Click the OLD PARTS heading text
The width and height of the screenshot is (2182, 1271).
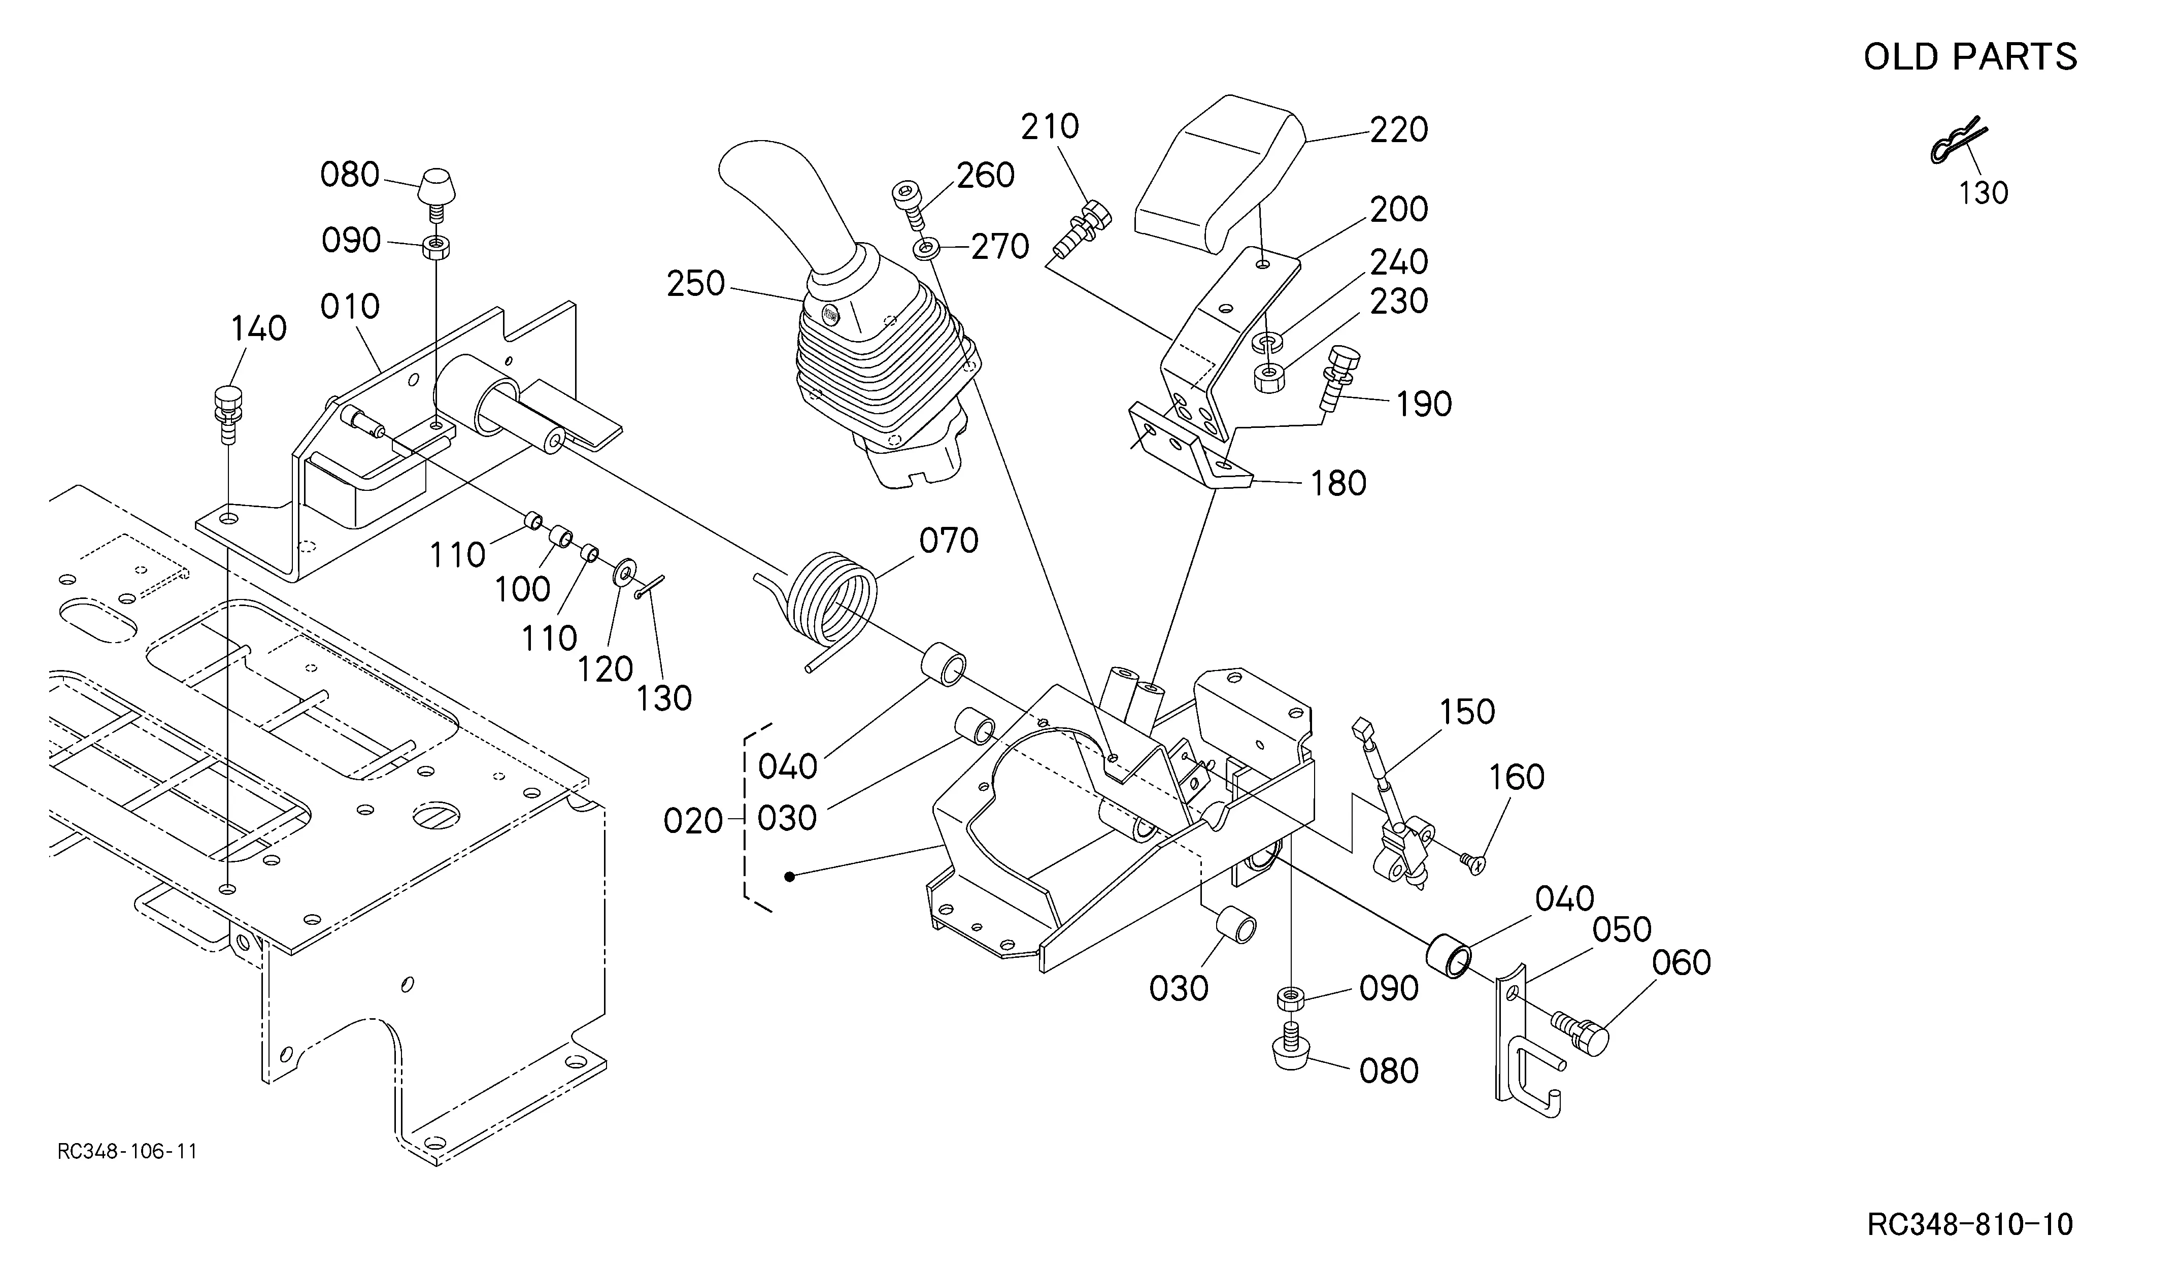click(1970, 57)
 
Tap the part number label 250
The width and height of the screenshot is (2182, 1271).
click(695, 283)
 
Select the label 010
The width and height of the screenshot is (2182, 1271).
click(350, 306)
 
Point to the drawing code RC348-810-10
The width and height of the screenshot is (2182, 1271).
click(1970, 1225)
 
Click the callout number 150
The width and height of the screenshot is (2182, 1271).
click(1467, 712)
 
